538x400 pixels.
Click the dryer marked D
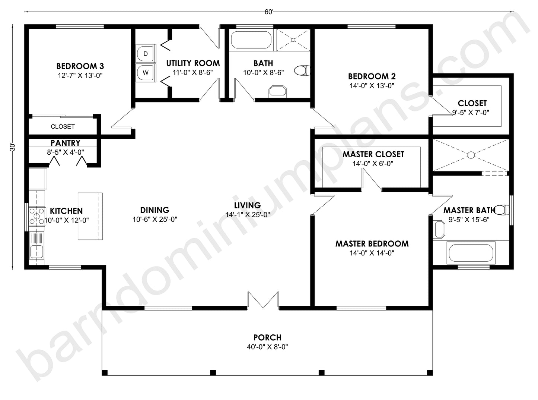coord(145,54)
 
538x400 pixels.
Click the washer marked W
coord(145,73)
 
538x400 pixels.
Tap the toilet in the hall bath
coord(302,70)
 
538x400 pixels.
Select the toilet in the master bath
coord(503,210)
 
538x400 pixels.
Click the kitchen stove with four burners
coord(36,216)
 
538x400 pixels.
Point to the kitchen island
coord(90,216)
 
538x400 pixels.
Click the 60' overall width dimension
coord(269,12)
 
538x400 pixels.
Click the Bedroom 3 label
coord(80,66)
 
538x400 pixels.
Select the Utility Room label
coord(193,63)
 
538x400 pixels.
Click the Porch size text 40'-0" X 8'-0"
coord(267,347)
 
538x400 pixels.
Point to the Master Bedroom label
coord(372,244)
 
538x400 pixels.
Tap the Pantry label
coord(66,143)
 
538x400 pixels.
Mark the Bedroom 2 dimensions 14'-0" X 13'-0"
coord(372,85)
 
